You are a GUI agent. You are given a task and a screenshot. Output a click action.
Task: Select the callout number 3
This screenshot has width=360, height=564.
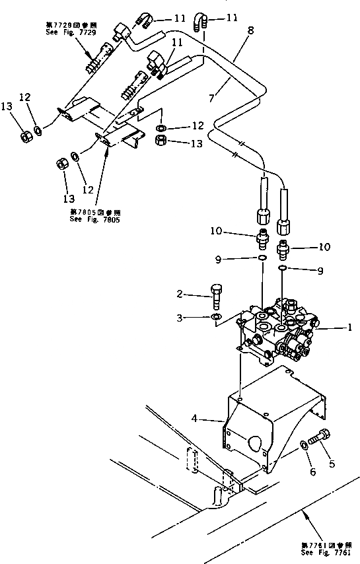pyautogui.click(x=180, y=318)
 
